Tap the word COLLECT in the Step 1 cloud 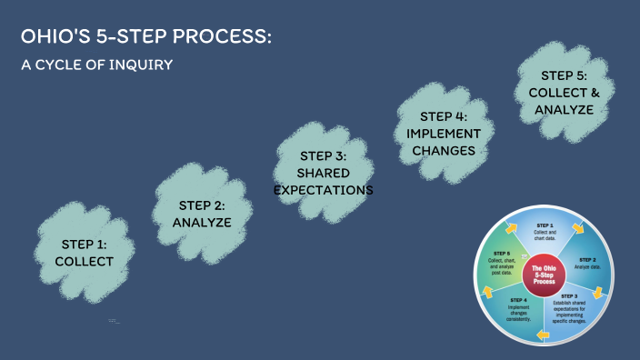(x=84, y=262)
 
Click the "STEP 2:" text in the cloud (x=202, y=205)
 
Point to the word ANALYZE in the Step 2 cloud (x=202, y=223)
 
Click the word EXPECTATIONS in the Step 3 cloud (x=324, y=190)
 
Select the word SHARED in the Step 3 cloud (x=324, y=173)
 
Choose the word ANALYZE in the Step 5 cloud (x=564, y=110)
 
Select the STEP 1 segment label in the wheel (x=545, y=225)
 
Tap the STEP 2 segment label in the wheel (x=588, y=259)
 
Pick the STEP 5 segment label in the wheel (x=501, y=254)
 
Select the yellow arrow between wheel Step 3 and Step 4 (x=544, y=335)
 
